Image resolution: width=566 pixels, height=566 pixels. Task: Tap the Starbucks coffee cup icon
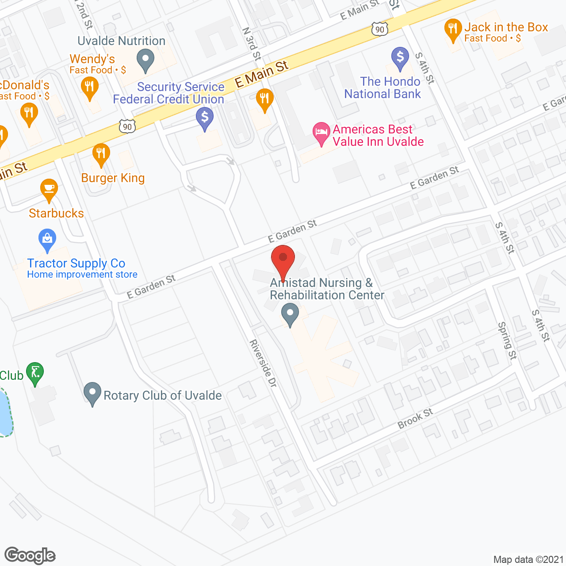pos(49,189)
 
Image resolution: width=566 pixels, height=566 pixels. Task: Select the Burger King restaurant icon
pos(101,154)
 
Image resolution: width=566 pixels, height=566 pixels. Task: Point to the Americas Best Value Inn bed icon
pos(321,132)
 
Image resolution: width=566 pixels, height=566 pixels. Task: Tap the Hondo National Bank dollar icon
pos(400,57)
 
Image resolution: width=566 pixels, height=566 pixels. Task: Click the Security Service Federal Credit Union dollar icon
pos(205,118)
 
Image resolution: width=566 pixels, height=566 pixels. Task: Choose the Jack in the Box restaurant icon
pos(453,29)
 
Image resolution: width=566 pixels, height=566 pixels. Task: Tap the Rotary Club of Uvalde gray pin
pos(92,393)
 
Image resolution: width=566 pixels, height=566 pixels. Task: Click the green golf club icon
pos(35,373)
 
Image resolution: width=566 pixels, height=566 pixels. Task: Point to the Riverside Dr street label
pos(263,363)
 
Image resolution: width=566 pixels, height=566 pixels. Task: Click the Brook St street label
pos(415,418)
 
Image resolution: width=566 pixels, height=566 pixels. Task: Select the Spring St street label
pos(507,340)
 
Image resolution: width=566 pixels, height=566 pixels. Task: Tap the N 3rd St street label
pos(252,44)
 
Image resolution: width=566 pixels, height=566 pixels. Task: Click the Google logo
pos(30,555)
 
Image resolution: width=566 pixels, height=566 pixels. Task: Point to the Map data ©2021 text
pos(528,559)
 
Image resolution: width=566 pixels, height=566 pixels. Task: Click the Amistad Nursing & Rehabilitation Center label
pos(327,289)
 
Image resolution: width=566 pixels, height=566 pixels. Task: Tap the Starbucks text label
pos(56,213)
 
